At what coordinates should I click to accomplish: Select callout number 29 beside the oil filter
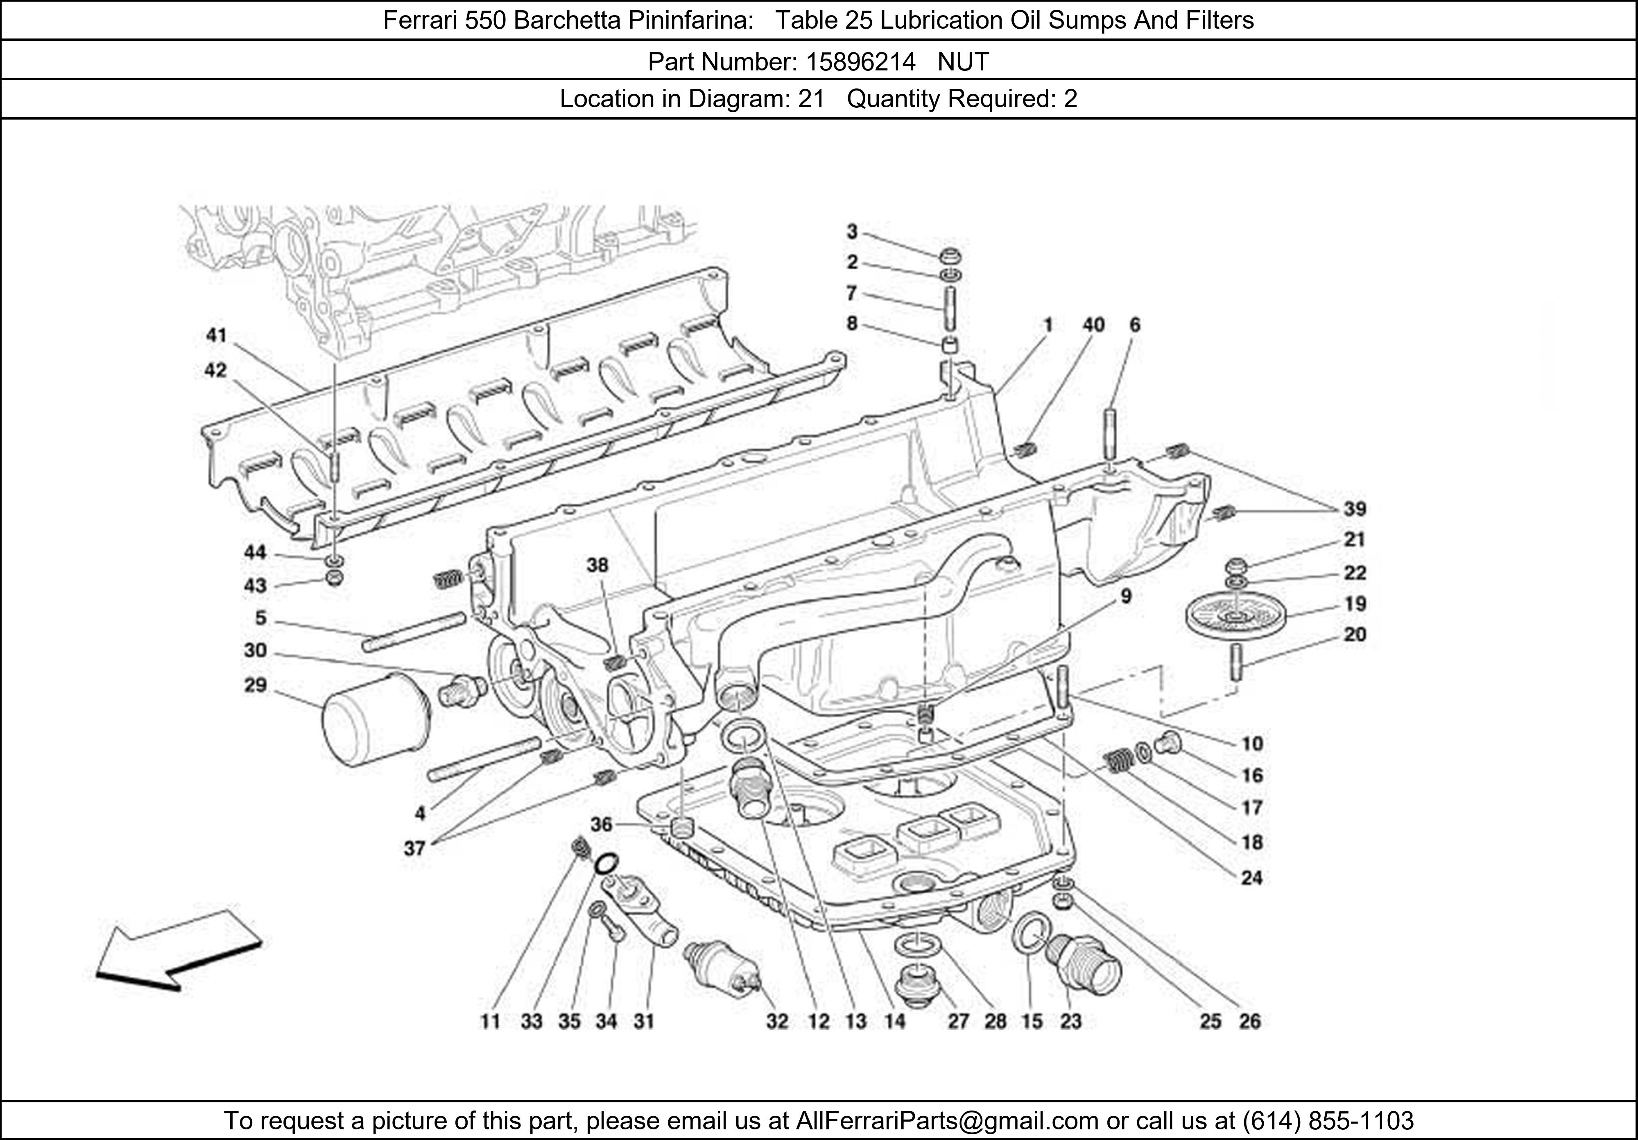(x=256, y=685)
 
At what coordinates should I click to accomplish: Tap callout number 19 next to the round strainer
(x=1355, y=604)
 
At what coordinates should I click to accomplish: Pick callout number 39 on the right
(x=1355, y=509)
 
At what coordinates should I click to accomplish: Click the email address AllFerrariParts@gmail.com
(x=947, y=1121)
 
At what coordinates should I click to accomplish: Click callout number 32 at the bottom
(x=777, y=1022)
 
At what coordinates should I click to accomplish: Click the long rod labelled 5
(x=414, y=631)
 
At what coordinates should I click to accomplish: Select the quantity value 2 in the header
(x=1070, y=98)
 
